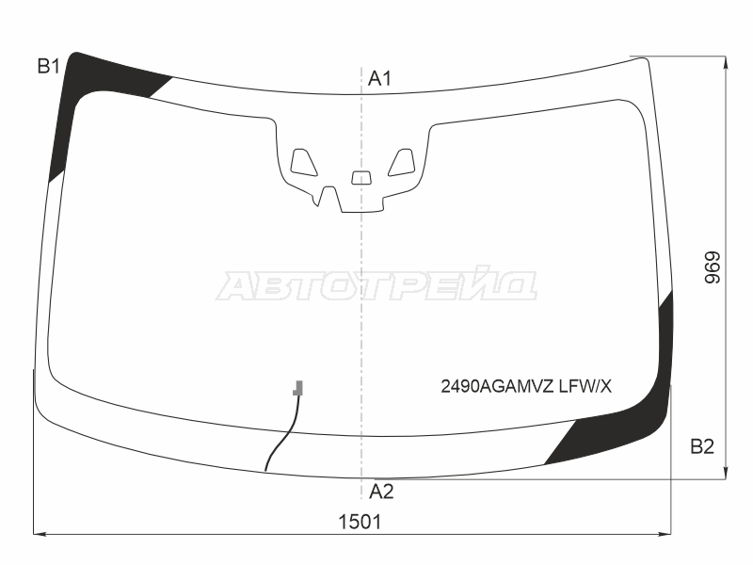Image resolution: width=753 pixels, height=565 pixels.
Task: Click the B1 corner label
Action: (49, 66)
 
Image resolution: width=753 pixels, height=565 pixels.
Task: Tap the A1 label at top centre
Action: (380, 78)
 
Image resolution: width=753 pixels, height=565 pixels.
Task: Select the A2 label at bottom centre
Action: (381, 492)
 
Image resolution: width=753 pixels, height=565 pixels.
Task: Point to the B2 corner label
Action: (702, 446)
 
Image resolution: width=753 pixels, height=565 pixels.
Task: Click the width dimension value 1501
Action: (360, 522)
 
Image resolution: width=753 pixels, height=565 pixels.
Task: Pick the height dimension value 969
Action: (713, 267)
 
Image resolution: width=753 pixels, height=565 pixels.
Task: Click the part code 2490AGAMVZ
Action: (498, 386)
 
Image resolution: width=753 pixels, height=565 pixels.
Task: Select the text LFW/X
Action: (585, 386)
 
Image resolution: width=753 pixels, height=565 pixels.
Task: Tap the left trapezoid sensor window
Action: (303, 162)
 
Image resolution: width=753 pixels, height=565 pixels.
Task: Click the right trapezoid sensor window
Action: (402, 162)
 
